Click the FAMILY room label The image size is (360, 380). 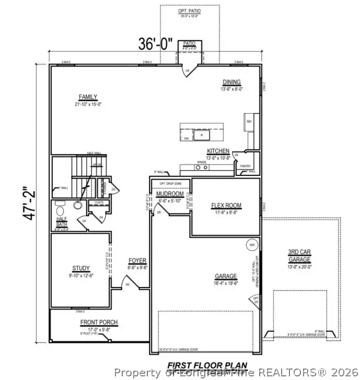pos(88,97)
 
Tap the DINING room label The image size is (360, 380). pos(231,82)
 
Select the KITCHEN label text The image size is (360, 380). pos(218,151)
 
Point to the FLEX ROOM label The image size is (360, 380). pos(226,205)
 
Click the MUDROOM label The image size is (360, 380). pos(170,194)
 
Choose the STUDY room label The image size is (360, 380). pos(81,268)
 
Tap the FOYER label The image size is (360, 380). pos(137,260)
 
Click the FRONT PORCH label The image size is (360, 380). pos(99,322)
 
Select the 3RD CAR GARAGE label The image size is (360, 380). pos(300,255)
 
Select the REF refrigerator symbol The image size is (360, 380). pos(250,122)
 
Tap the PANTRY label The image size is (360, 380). pos(246,165)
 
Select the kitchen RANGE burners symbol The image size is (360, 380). pos(201,168)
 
